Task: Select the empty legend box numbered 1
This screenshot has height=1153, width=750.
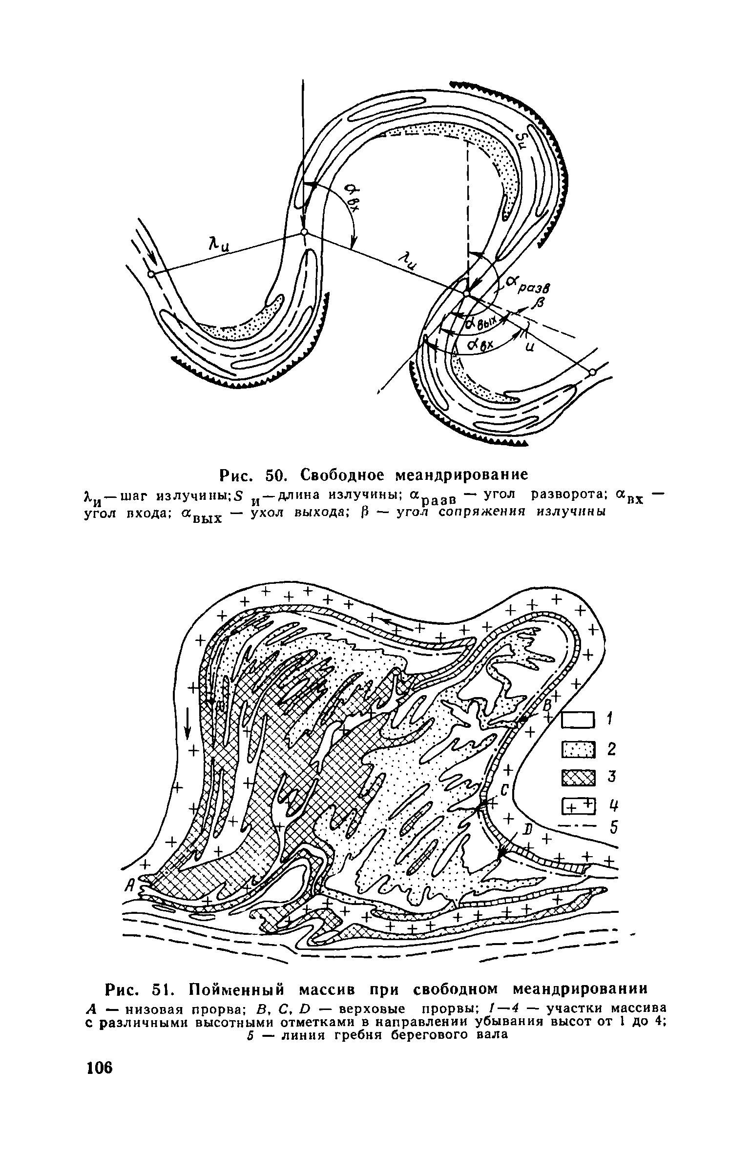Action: pos(579,720)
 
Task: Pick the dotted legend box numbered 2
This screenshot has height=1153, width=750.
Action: pos(579,749)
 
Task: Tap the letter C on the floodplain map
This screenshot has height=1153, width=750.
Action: pos(504,789)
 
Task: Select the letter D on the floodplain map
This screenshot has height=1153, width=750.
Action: pos(527,830)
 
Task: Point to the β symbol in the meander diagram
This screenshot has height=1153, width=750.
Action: pos(540,306)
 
